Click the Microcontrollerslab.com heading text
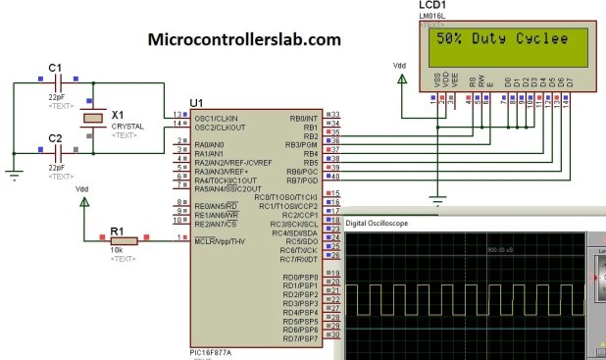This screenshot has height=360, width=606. tap(244, 40)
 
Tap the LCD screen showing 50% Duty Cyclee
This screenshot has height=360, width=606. tap(502, 41)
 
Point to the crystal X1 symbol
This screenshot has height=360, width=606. tap(92, 118)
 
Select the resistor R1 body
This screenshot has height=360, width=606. tap(123, 238)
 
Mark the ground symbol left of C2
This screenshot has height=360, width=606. tap(14, 175)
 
